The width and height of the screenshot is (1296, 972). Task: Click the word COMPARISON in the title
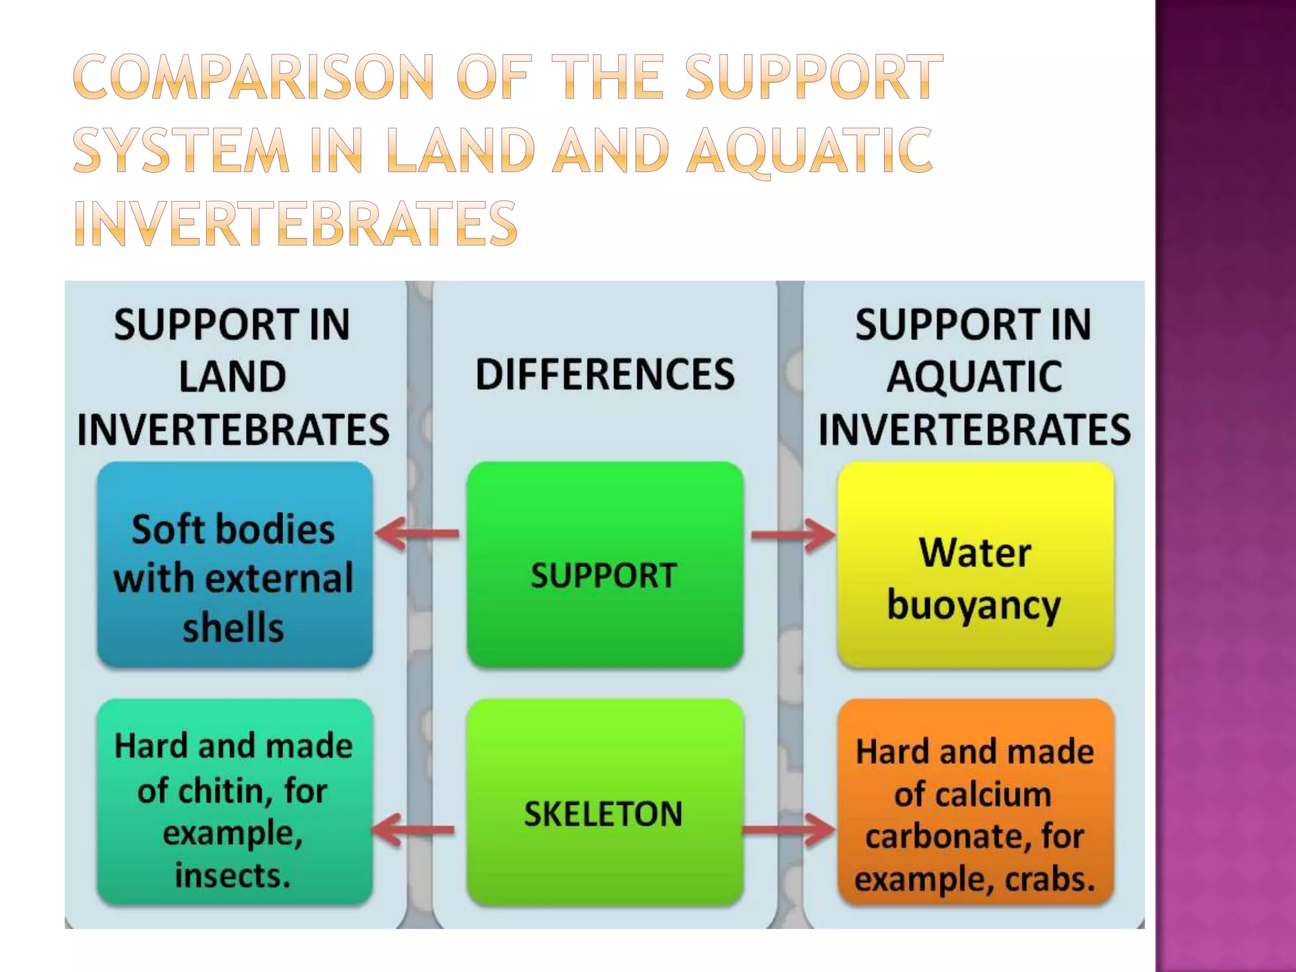[254, 77]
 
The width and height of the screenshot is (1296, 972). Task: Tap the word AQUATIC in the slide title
[809, 151]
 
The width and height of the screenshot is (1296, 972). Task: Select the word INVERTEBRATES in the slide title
[296, 223]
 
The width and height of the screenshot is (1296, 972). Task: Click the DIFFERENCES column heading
[605, 374]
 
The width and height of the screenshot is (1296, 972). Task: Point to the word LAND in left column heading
[232, 377]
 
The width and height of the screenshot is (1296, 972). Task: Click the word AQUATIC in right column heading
[974, 377]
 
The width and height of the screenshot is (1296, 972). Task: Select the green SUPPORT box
[604, 564]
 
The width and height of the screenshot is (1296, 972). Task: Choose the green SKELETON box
[604, 802]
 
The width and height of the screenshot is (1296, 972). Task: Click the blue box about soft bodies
[234, 564]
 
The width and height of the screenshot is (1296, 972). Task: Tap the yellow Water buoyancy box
[975, 564]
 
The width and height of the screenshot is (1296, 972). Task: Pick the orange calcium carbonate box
[975, 802]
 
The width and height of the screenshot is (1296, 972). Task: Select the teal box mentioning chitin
[234, 802]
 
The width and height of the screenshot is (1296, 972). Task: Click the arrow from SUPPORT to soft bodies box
[418, 533]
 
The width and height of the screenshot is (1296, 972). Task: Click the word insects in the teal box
[232, 876]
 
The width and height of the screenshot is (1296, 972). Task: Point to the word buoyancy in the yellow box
[974, 605]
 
